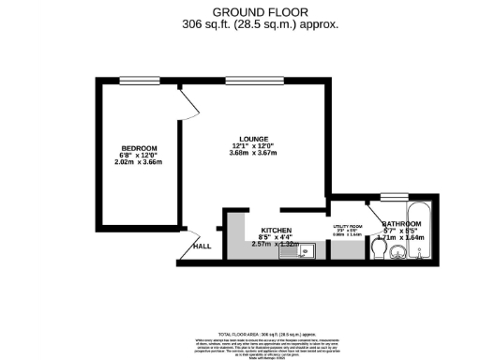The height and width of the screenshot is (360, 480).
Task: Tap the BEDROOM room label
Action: coord(139,150)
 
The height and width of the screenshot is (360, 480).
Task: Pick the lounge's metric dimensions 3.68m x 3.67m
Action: coord(253,153)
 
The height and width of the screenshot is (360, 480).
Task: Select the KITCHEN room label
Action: coord(277,231)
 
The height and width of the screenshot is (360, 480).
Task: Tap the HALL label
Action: coord(202,247)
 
